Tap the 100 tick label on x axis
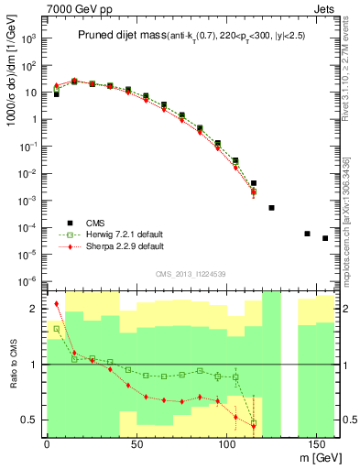[x=226, y=444]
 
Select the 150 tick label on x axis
[x=316, y=444]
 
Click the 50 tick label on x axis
[x=136, y=444]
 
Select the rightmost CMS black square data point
[x=325, y=238]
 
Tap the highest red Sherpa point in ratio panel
[x=56, y=303]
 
